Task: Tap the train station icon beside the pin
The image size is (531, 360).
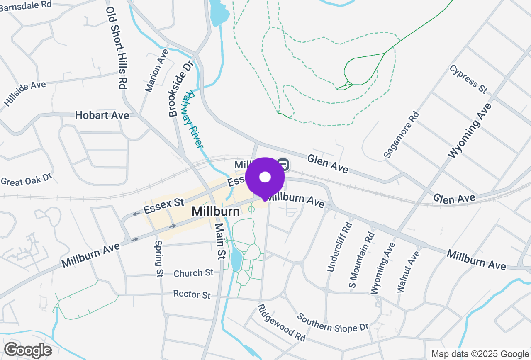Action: tap(283, 164)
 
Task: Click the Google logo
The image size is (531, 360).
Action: tap(28, 350)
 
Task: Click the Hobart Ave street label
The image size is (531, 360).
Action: tap(102, 115)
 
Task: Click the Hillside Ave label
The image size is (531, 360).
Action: tap(25, 93)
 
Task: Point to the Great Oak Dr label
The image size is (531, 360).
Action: tap(26, 180)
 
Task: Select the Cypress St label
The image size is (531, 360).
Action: tap(468, 79)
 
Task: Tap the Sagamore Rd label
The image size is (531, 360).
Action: tap(401, 134)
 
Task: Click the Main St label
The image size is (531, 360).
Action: tap(219, 241)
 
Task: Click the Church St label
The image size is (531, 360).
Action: tap(193, 273)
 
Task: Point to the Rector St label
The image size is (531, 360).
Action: tap(192, 294)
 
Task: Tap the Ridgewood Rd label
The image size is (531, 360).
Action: tap(281, 323)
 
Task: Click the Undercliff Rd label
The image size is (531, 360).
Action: tap(339, 247)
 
